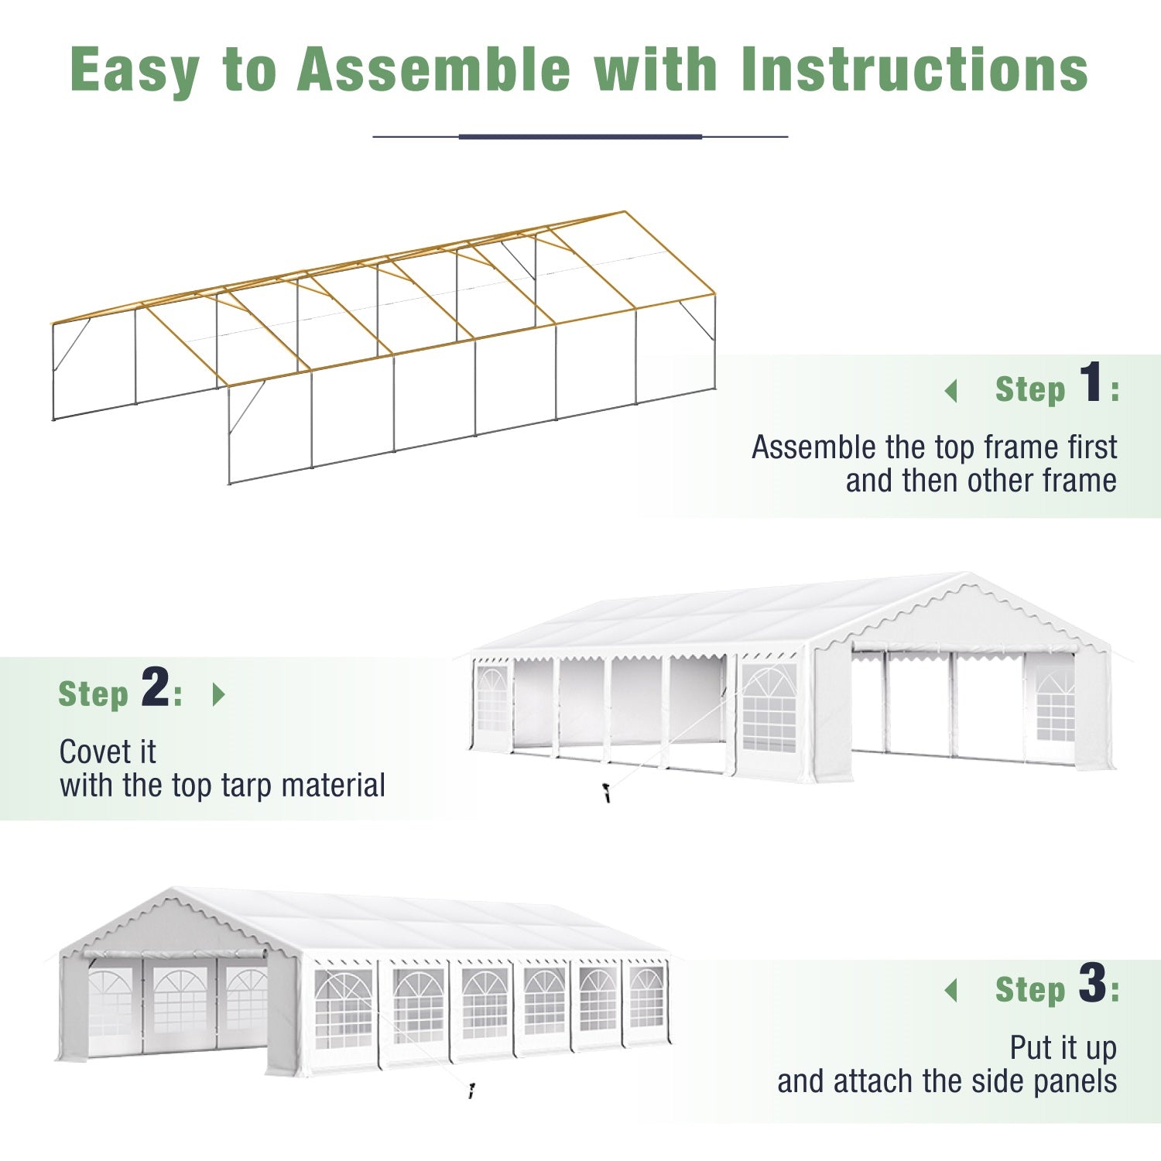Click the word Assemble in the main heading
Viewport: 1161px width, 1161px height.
pyautogui.click(x=433, y=70)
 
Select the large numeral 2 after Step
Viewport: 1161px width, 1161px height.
pyautogui.click(x=156, y=687)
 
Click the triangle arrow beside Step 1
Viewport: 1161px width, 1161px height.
pyautogui.click(x=951, y=391)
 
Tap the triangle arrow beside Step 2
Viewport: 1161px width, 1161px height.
pyautogui.click(x=218, y=694)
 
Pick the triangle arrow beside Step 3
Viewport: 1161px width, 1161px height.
pyautogui.click(x=951, y=990)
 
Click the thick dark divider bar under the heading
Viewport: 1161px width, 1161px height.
pyautogui.click(x=580, y=137)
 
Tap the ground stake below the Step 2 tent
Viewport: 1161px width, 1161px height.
pyautogui.click(x=607, y=793)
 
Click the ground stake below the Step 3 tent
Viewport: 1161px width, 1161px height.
pyautogui.click(x=471, y=1091)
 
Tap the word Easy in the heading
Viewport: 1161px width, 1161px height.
pyautogui.click(x=135, y=71)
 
